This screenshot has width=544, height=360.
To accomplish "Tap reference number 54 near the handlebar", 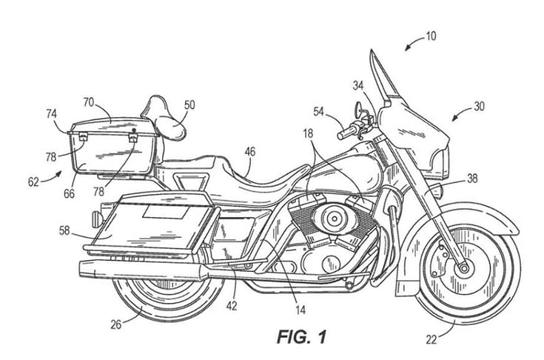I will (x=318, y=111).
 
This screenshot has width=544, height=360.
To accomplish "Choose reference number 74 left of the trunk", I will (x=52, y=115).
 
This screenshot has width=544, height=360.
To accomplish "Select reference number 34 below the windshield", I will (x=359, y=85).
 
